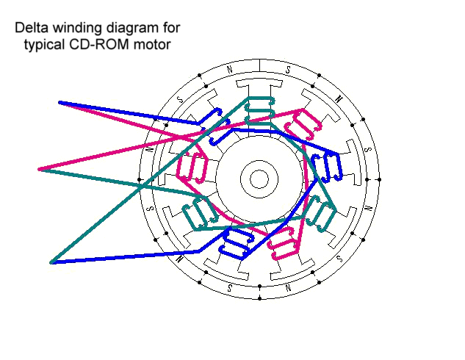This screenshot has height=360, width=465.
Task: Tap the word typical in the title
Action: tap(46, 44)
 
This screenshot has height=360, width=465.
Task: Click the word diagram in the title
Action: tap(124, 29)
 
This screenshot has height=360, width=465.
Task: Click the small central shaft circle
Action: tap(259, 178)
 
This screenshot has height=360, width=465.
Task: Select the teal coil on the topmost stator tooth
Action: tap(259, 110)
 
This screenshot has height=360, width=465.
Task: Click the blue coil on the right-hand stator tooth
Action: tap(326, 168)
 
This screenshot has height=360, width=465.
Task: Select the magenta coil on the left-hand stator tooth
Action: tap(192, 168)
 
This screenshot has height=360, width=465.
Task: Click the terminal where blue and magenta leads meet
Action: tap(60, 102)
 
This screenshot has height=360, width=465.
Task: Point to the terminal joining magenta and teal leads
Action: tap(40, 169)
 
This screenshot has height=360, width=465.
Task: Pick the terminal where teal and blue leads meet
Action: tap(52, 262)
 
